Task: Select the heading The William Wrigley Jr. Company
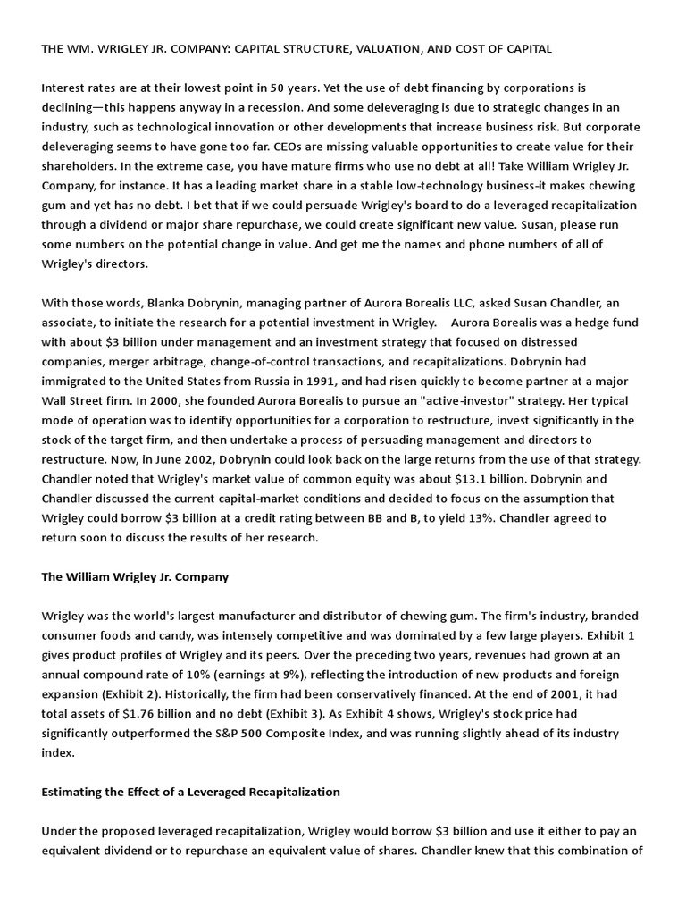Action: pyautogui.click(x=135, y=576)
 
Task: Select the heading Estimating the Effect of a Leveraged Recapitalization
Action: pyautogui.click(x=190, y=792)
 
